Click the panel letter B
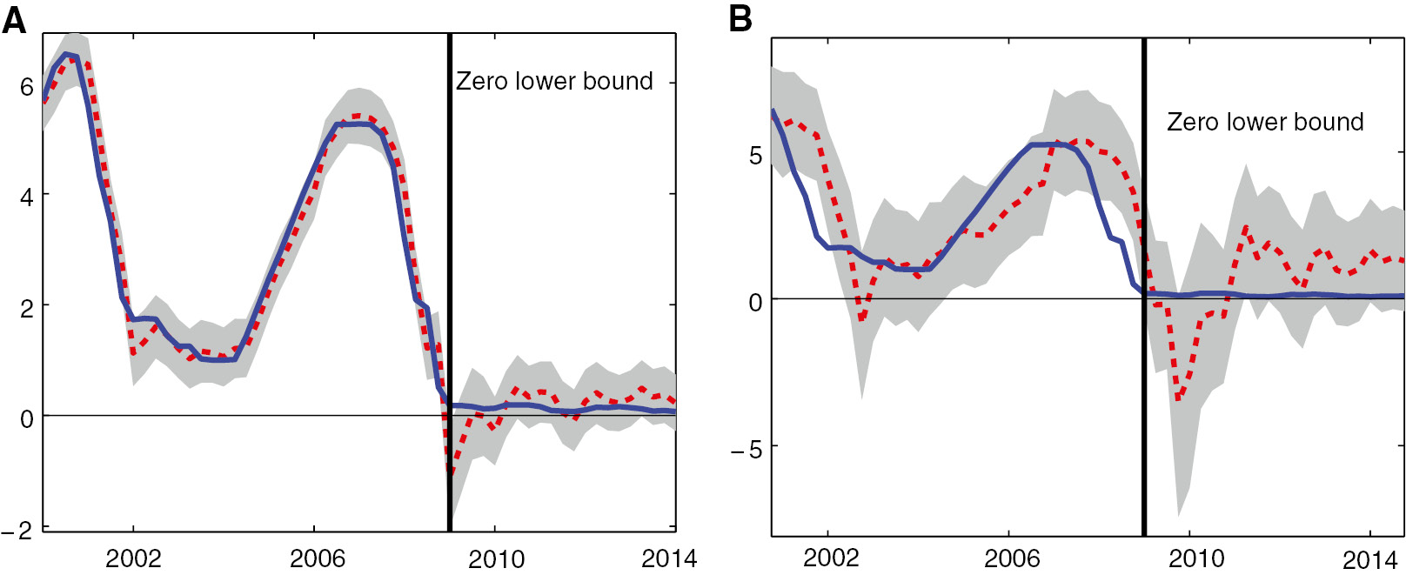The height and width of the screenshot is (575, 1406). [x=740, y=18]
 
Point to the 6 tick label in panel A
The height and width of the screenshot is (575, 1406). [x=27, y=87]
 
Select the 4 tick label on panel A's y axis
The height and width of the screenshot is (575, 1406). [x=27, y=197]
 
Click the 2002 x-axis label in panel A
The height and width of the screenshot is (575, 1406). [x=133, y=558]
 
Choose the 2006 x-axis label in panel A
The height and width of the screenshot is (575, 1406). [x=317, y=558]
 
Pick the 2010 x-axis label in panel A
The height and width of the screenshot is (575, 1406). [x=496, y=558]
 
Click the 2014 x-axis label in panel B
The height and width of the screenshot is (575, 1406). [x=1370, y=559]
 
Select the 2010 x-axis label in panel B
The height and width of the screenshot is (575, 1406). [x=1195, y=558]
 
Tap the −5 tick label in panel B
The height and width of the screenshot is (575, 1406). [x=746, y=450]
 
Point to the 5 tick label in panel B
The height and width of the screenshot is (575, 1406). [x=755, y=157]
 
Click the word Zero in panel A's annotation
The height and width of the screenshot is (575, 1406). [x=482, y=82]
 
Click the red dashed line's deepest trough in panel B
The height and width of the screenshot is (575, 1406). [x=1179, y=398]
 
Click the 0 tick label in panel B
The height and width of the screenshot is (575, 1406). [x=755, y=303]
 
